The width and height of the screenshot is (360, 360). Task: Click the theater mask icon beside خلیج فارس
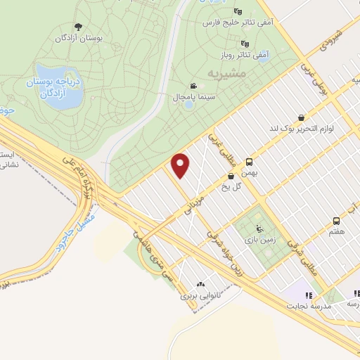pyautogui.click(x=238, y=11)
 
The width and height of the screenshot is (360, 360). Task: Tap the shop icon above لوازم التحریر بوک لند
pyautogui.click(x=302, y=117)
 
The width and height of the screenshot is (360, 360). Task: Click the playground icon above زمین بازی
pyautogui.click(x=260, y=228)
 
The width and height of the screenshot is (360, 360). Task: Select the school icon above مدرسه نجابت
pyautogui.click(x=308, y=295)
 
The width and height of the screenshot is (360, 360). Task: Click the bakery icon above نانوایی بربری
pyautogui.click(x=202, y=285)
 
